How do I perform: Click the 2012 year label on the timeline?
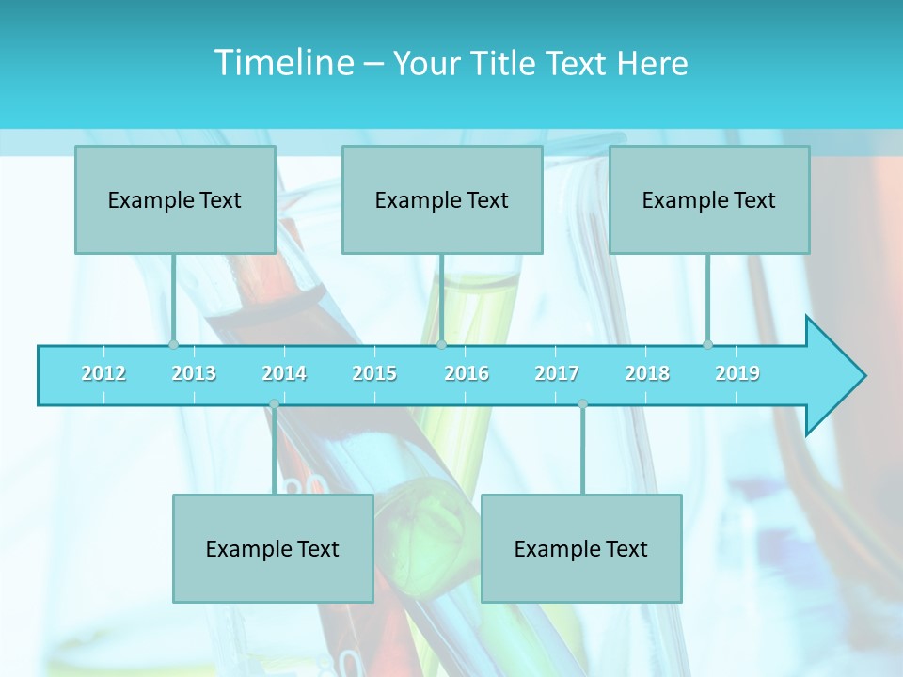point(103,373)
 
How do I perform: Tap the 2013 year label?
point(194,373)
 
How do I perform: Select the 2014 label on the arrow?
point(284,373)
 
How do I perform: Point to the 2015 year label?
point(374,373)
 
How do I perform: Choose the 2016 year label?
point(467,373)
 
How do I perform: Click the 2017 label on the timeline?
point(557,373)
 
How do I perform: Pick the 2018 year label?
point(647,373)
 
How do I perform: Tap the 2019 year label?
point(737,373)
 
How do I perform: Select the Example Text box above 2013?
point(175,199)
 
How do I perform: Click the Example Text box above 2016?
point(442,199)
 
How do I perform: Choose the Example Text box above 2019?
point(709,199)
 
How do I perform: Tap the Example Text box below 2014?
point(273,548)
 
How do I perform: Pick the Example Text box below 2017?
point(581,548)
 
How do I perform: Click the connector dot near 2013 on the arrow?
point(173,345)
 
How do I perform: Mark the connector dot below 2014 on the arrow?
point(274,404)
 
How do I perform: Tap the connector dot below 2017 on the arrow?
point(582,404)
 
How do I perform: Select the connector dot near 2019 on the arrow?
point(708,345)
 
